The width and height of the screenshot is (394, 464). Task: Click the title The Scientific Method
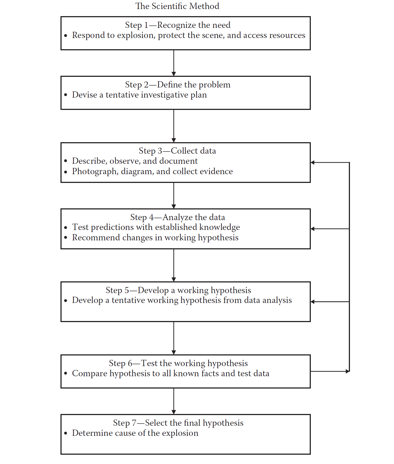(177, 6)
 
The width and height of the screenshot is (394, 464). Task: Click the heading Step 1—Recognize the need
(178, 25)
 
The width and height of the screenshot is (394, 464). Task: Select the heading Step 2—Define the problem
(178, 84)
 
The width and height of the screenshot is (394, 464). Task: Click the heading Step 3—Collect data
(177, 151)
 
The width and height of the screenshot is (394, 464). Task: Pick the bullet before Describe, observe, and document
(66, 161)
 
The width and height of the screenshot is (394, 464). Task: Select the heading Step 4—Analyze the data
(178, 217)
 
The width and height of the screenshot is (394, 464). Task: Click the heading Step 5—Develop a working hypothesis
(178, 290)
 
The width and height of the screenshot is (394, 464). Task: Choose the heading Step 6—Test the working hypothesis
(178, 363)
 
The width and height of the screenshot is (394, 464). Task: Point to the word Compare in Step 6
(89, 373)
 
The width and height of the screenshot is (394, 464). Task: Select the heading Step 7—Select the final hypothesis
(178, 423)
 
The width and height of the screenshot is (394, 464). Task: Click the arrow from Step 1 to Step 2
(174, 63)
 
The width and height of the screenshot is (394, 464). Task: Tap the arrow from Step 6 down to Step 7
(174, 401)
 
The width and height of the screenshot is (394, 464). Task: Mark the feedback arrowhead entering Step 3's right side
(313, 162)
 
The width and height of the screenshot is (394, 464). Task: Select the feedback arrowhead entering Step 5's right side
(313, 302)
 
